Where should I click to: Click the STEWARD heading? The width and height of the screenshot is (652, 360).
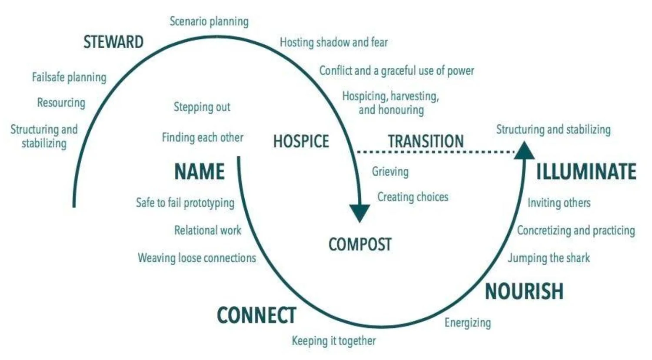(113, 42)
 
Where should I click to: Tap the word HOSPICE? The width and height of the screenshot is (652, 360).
(301, 142)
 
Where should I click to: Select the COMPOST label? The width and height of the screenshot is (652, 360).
(360, 244)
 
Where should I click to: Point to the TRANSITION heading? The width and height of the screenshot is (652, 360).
(426, 141)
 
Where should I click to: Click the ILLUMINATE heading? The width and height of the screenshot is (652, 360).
(586, 171)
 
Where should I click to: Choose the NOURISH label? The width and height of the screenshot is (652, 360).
(524, 291)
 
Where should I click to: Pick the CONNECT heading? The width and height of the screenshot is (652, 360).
(256, 315)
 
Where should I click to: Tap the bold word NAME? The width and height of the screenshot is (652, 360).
(199, 171)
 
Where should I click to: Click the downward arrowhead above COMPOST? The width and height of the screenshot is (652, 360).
(360, 213)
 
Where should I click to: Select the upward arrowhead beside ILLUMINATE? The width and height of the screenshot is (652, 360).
(524, 151)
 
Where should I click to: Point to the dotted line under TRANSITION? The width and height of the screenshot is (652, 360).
(435, 152)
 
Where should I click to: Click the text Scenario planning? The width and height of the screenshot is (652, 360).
(209, 21)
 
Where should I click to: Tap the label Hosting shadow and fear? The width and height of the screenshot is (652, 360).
(333, 43)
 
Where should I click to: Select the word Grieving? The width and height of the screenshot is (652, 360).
(390, 171)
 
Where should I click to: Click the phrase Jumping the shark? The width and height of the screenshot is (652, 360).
(549, 258)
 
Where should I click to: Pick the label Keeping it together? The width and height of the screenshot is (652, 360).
(333, 340)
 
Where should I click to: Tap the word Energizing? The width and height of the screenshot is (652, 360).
(467, 323)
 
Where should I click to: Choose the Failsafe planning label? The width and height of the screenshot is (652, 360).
(69, 77)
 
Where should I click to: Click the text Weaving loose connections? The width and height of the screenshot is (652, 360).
(197, 258)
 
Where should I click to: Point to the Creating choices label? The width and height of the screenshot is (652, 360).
(412, 197)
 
